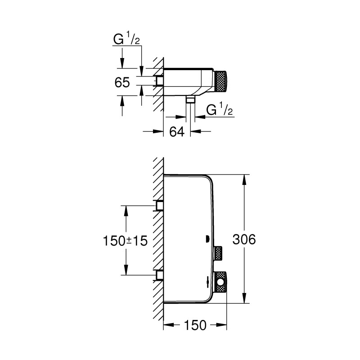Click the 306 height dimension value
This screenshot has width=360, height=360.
pos(245,239)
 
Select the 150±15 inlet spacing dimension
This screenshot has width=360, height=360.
pos(126,240)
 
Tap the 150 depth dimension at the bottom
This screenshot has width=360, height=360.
pos(195,325)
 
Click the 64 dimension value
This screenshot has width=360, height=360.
pos(176,132)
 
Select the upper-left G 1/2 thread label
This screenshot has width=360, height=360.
pos(126,40)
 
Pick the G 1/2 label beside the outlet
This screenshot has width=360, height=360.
pos(220,110)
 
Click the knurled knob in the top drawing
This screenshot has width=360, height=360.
pos(221,81)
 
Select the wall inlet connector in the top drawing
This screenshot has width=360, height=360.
pos(158,81)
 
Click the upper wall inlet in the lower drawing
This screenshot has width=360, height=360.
pos(159,206)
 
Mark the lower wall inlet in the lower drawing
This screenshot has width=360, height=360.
pos(159,275)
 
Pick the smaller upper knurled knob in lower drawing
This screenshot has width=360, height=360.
pos(219,253)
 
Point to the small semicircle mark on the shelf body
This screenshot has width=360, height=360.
pos(208,239)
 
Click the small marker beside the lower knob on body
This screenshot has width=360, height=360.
pos(207,283)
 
